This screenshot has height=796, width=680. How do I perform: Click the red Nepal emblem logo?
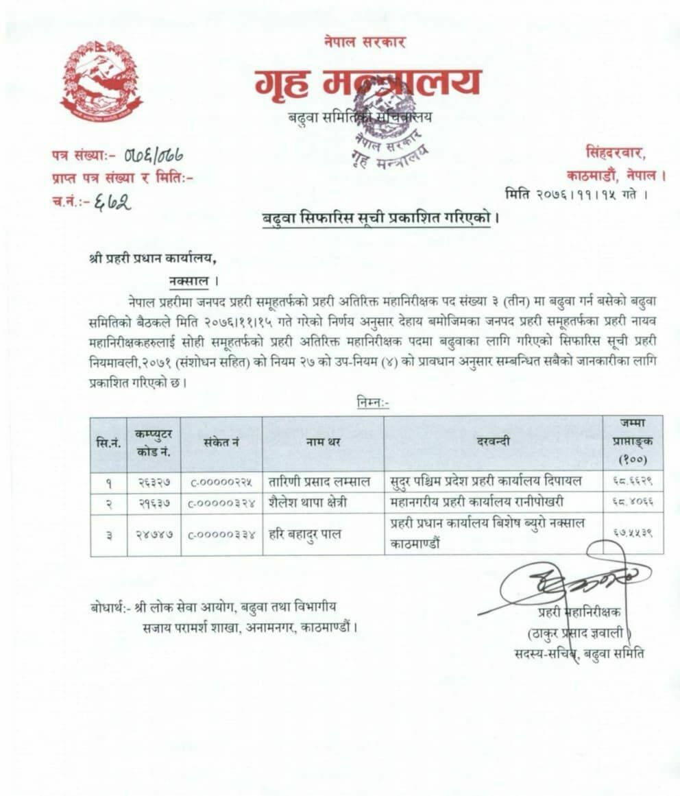click(101, 80)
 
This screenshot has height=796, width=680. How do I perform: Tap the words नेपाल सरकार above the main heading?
click(365, 42)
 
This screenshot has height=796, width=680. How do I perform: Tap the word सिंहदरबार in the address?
click(615, 152)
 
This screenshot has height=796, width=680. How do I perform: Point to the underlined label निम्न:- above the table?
click(373, 403)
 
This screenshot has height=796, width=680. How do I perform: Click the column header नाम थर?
click(323, 442)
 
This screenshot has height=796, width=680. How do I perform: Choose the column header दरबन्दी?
click(493, 442)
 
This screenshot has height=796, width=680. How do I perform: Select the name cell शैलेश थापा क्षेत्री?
click(308, 502)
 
